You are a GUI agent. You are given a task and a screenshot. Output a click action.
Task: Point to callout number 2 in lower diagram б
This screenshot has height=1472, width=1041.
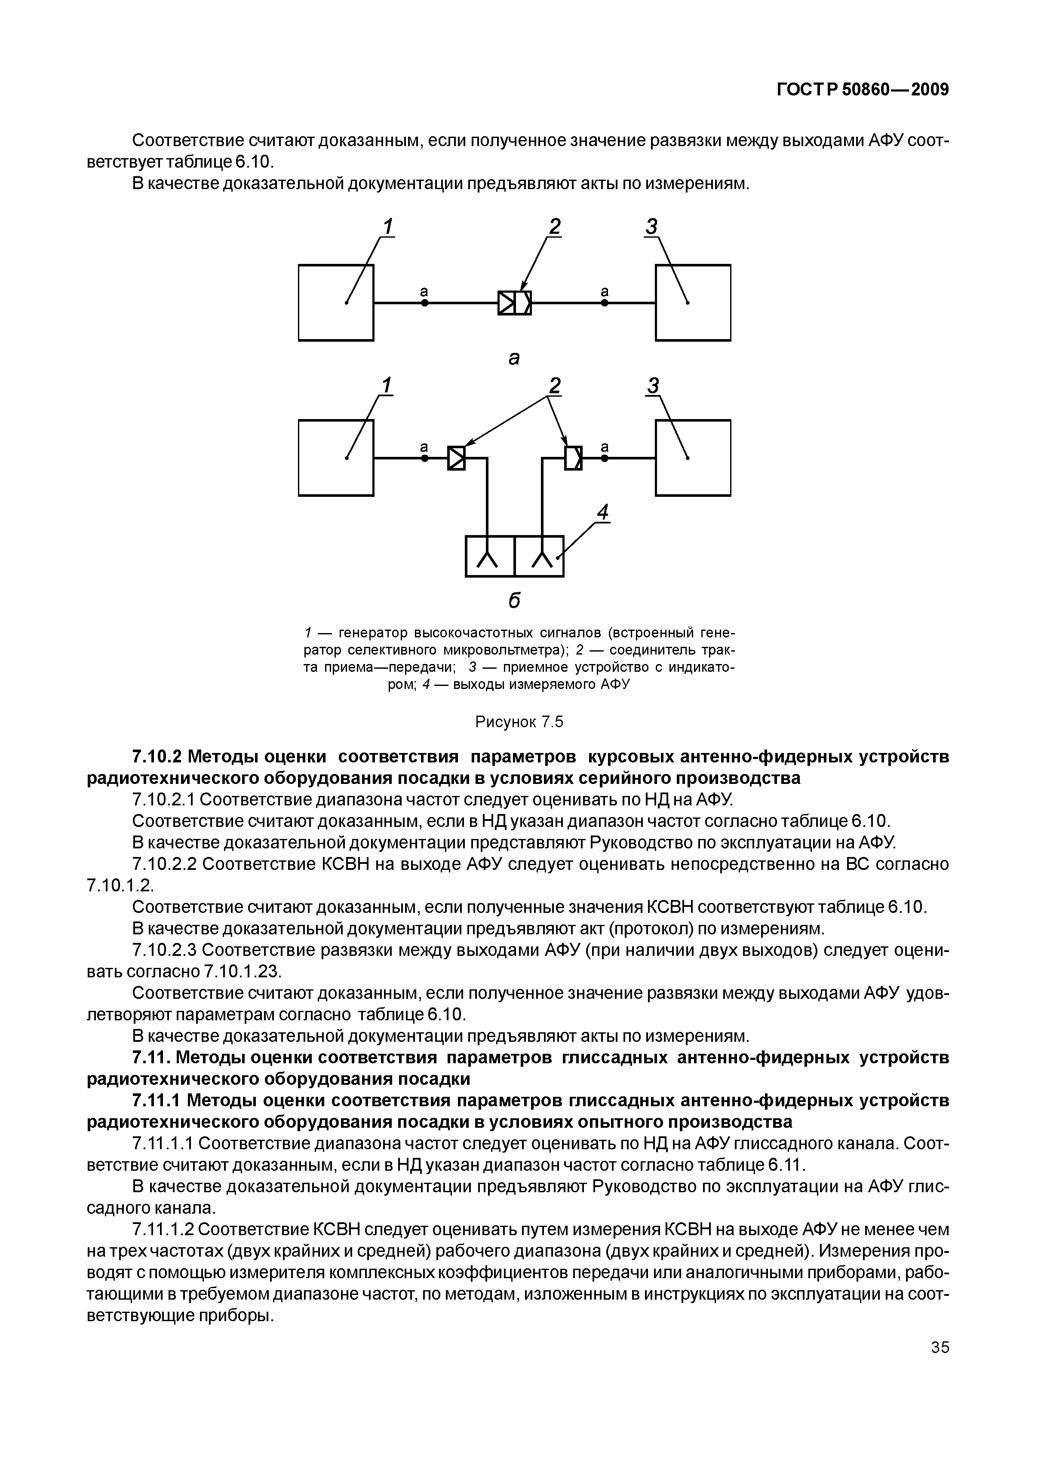point(554,386)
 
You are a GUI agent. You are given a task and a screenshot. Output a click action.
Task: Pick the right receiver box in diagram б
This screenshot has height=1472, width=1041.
point(693,458)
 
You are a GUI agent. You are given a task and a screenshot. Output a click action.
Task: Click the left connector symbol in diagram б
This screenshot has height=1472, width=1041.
point(457,458)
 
